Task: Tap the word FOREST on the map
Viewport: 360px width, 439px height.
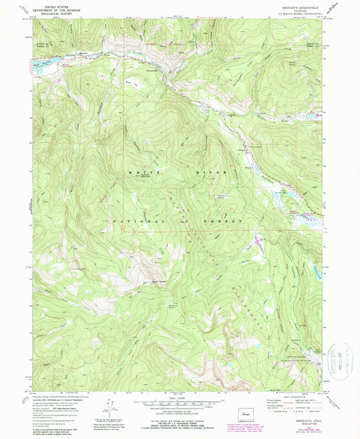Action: (228, 222)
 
